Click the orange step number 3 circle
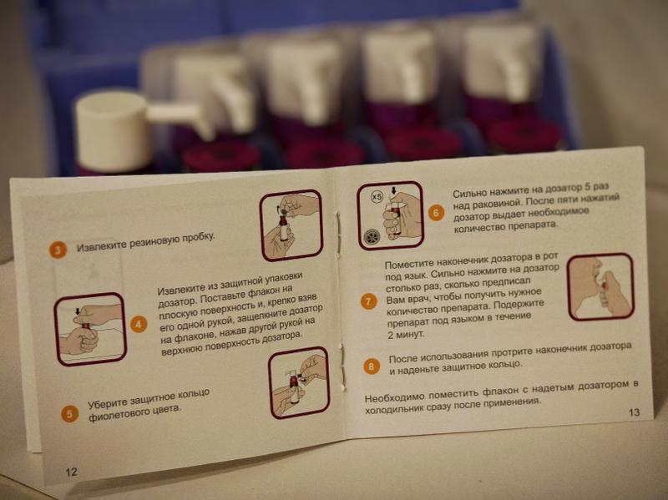(x=58, y=250)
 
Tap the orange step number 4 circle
(x=138, y=325)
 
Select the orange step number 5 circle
(x=69, y=414)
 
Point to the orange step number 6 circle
(x=435, y=213)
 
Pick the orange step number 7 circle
(x=368, y=301)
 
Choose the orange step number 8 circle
(x=371, y=366)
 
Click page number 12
(x=71, y=472)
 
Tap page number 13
(x=634, y=412)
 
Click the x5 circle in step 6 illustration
(x=377, y=197)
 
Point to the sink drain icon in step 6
(x=371, y=236)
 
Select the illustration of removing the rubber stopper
(x=291, y=225)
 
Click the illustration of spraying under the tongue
(x=600, y=286)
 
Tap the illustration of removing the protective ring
(x=299, y=382)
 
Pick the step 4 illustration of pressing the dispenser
(x=90, y=329)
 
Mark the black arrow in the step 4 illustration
(x=77, y=311)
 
